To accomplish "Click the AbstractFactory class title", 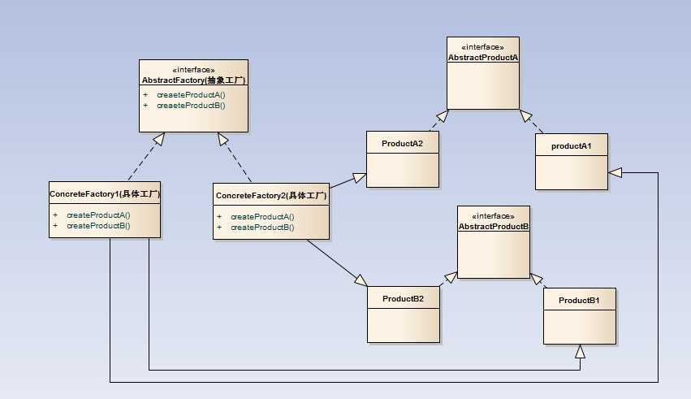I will [x=193, y=80].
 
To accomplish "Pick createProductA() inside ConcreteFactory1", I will [x=98, y=215].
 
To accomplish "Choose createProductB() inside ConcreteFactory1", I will [x=98, y=225].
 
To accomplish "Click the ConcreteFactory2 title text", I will [x=271, y=196].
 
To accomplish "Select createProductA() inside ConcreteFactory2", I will [x=262, y=217].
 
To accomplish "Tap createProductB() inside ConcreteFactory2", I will [x=262, y=228].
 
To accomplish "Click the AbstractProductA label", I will [x=482, y=57].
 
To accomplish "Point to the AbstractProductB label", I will [x=493, y=226].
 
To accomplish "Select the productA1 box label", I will [x=572, y=147].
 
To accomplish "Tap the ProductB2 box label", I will [x=404, y=298].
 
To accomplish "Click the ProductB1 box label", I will [x=579, y=301].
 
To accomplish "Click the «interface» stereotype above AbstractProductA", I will [x=482, y=47].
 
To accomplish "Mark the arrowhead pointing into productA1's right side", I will [x=615, y=171].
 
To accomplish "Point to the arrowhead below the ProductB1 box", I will [x=580, y=351].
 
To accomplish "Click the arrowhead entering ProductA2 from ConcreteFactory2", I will [x=359, y=177].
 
